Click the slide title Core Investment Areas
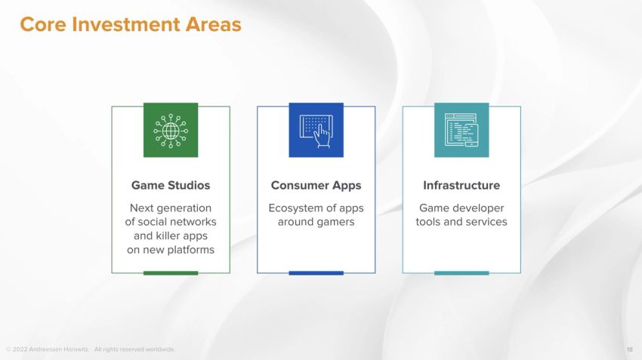pyautogui.click(x=130, y=24)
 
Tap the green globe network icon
pyautogui.click(x=171, y=130)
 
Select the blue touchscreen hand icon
pyautogui.click(x=316, y=130)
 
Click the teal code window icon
pyautogui.click(x=461, y=130)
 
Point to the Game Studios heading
pyautogui.click(x=171, y=185)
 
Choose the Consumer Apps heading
pyautogui.click(x=316, y=185)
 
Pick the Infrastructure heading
pyautogui.click(x=461, y=185)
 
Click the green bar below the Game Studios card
pyautogui.click(x=171, y=272)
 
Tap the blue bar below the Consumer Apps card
pyautogui.click(x=316, y=272)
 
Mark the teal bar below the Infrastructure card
pyautogui.click(x=461, y=272)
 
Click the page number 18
pyautogui.click(x=630, y=349)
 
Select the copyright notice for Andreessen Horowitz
pyautogui.click(x=91, y=349)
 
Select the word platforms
pyautogui.click(x=189, y=249)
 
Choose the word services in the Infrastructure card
pyautogui.click(x=486, y=222)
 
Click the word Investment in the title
pyautogui.click(x=120, y=24)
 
